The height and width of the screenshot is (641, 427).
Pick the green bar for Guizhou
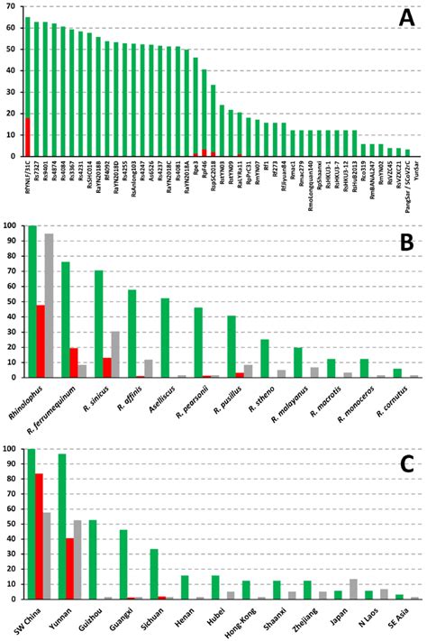pos(92,548)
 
